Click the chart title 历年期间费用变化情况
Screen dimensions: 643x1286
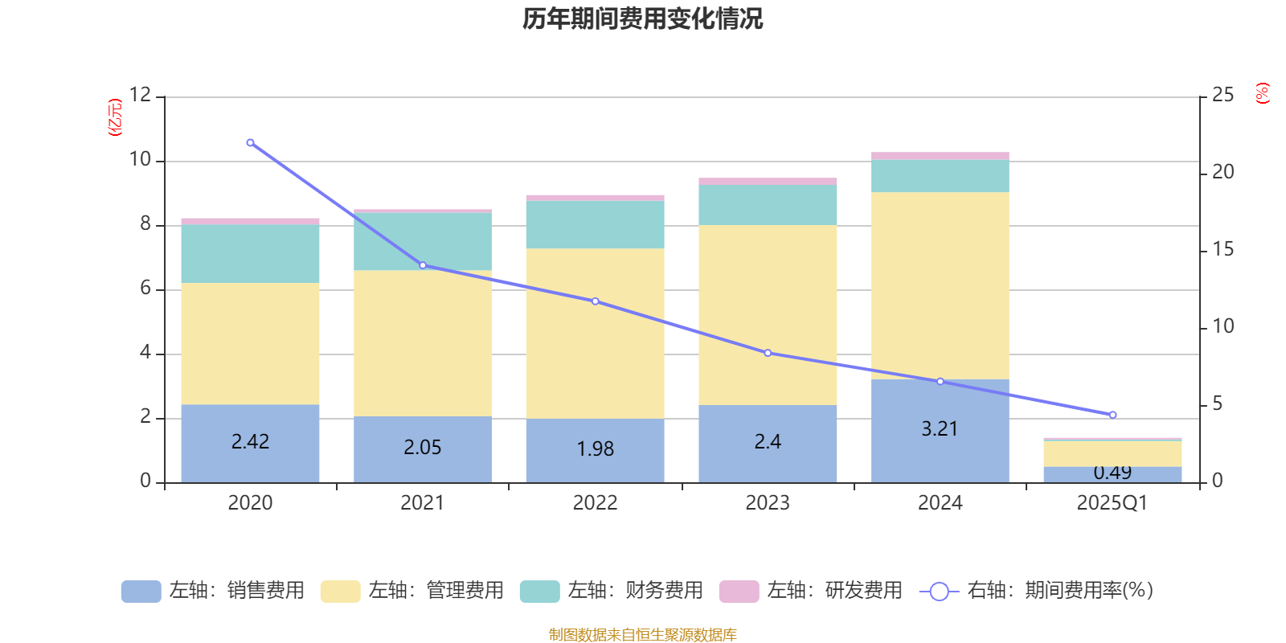click(x=642, y=18)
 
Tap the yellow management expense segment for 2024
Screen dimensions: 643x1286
click(x=940, y=285)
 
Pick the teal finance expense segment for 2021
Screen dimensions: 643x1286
click(x=422, y=241)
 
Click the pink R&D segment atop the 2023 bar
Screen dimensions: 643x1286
click(x=768, y=182)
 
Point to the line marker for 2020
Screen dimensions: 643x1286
click(x=250, y=142)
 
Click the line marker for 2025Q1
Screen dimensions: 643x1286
click(x=1112, y=415)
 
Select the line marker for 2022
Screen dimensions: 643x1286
click(x=595, y=301)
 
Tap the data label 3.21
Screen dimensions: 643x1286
click(x=940, y=429)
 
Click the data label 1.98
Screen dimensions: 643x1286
click(x=595, y=448)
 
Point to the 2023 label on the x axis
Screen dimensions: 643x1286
click(x=768, y=503)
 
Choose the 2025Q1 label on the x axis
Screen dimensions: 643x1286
click(x=1112, y=503)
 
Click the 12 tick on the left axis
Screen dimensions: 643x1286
click(x=140, y=95)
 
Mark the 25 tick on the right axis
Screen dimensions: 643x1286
click(x=1223, y=95)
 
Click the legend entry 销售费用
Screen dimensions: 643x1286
click(x=213, y=591)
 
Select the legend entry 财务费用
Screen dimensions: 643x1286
click(x=612, y=591)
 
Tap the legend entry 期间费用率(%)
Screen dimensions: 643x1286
click(x=1036, y=591)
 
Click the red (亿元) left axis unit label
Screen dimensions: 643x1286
click(x=115, y=117)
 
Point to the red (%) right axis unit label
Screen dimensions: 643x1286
click(x=1262, y=93)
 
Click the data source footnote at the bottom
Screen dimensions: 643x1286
click(x=642, y=635)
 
